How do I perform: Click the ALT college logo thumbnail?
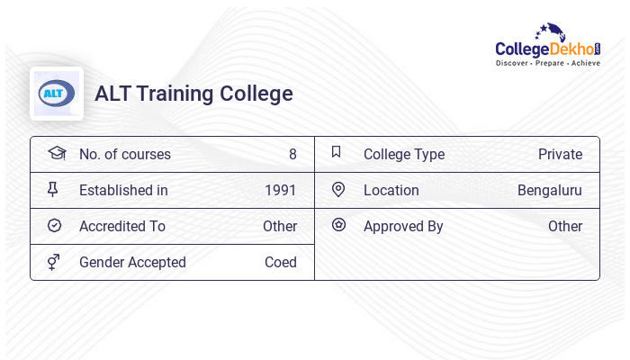(x=57, y=94)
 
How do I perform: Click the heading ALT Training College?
(x=193, y=94)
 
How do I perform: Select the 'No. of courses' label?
(x=124, y=154)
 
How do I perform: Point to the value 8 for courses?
(x=292, y=154)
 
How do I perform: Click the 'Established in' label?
(x=123, y=190)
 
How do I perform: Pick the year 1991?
(x=280, y=190)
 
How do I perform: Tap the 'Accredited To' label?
(x=121, y=226)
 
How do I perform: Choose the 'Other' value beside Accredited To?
(x=280, y=226)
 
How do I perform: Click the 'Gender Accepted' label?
(x=132, y=262)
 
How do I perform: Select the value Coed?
(x=281, y=262)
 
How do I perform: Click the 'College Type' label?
(x=403, y=154)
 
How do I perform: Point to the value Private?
(x=560, y=154)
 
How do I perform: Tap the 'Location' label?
(x=391, y=190)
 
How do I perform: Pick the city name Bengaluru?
(x=549, y=190)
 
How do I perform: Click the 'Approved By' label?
(x=403, y=226)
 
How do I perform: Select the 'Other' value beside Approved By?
(x=565, y=226)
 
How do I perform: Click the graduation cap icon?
(x=57, y=153)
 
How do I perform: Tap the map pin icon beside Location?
(x=338, y=189)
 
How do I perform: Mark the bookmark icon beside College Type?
(x=337, y=152)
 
